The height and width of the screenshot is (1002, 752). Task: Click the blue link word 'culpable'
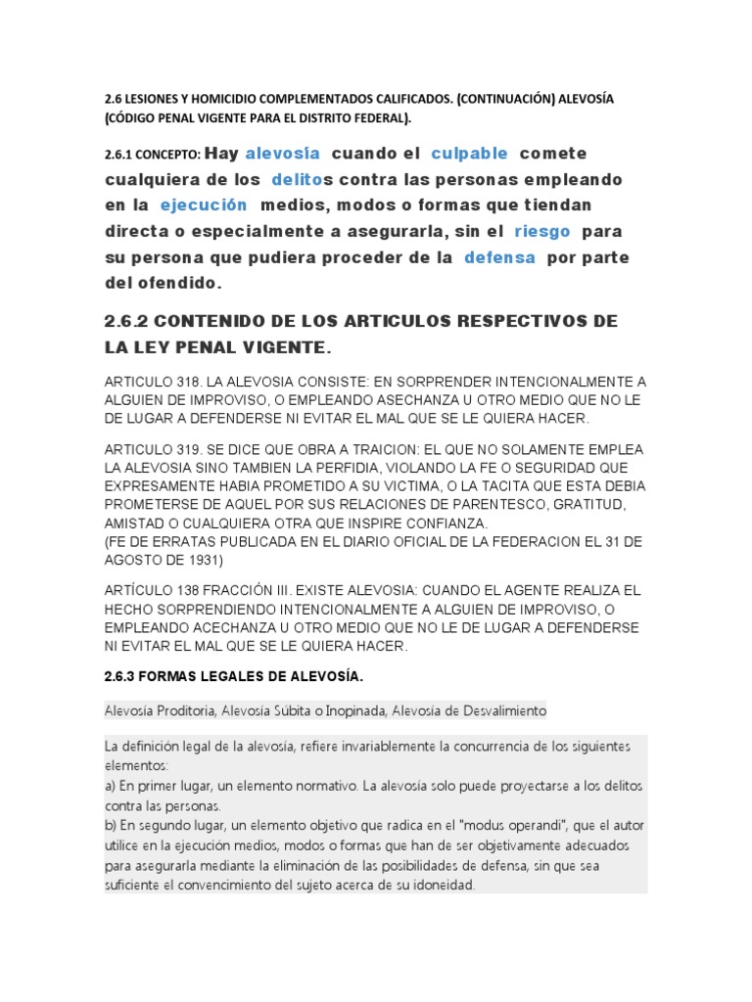469,154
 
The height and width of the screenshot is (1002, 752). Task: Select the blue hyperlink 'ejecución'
204,205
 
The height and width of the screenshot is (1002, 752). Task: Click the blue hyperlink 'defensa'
499,258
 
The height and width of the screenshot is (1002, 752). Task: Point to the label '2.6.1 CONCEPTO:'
152,155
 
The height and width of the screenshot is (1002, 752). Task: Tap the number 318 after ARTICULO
189,381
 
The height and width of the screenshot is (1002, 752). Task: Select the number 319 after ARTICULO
189,449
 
